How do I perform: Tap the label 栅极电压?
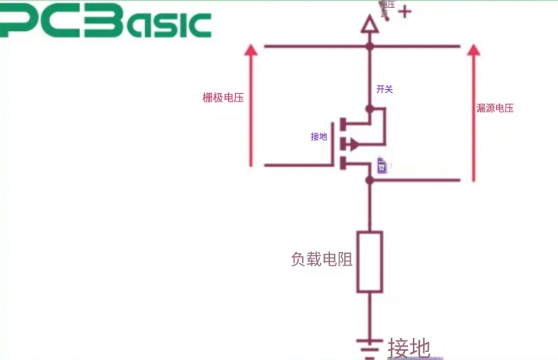(223, 98)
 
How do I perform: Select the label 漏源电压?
(495, 108)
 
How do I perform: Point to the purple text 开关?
(384, 90)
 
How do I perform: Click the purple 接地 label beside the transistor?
(319, 137)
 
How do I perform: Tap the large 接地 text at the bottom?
(409, 348)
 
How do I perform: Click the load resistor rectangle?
(370, 262)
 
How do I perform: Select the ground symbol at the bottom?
(370, 344)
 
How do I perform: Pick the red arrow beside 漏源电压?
(472, 109)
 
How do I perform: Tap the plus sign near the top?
(404, 12)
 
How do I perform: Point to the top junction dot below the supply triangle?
(370, 47)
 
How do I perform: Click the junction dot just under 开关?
(370, 108)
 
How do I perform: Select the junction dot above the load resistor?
(370, 180)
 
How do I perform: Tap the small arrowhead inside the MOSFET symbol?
(354, 144)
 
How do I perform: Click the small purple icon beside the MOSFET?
(382, 165)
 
